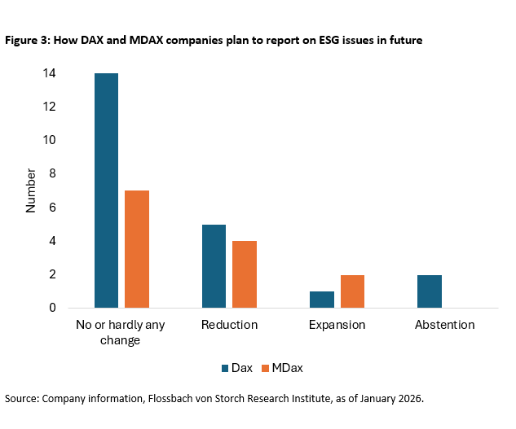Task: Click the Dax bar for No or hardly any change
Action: click(x=106, y=190)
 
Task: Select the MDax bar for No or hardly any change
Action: click(x=137, y=249)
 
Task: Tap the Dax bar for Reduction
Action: click(x=214, y=266)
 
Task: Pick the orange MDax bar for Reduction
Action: click(x=245, y=274)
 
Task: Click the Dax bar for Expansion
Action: click(x=322, y=300)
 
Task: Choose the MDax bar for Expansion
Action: click(x=353, y=291)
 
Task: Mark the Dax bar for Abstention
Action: click(x=430, y=291)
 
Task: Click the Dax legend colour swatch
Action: click(x=226, y=368)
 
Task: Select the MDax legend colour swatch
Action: click(x=267, y=368)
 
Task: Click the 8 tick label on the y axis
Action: click(x=52, y=174)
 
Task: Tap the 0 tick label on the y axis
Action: click(x=52, y=309)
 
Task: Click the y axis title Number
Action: click(x=31, y=190)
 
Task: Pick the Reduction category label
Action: click(x=229, y=325)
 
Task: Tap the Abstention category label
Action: click(x=444, y=325)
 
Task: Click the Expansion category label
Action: click(x=337, y=325)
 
